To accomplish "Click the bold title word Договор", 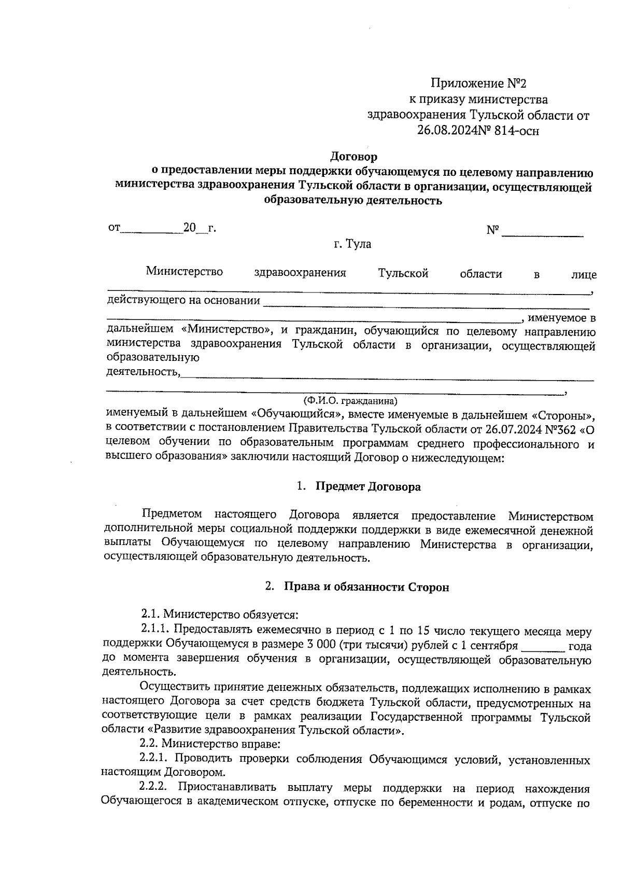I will (x=354, y=156).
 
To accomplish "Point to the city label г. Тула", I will (x=352, y=244).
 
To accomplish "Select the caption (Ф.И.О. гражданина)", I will (x=350, y=401).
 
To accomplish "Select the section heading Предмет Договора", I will (x=368, y=487).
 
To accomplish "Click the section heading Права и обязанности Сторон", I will (x=366, y=587).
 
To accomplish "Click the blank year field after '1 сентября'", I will (x=543, y=647).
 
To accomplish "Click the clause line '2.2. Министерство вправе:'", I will (x=210, y=745).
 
